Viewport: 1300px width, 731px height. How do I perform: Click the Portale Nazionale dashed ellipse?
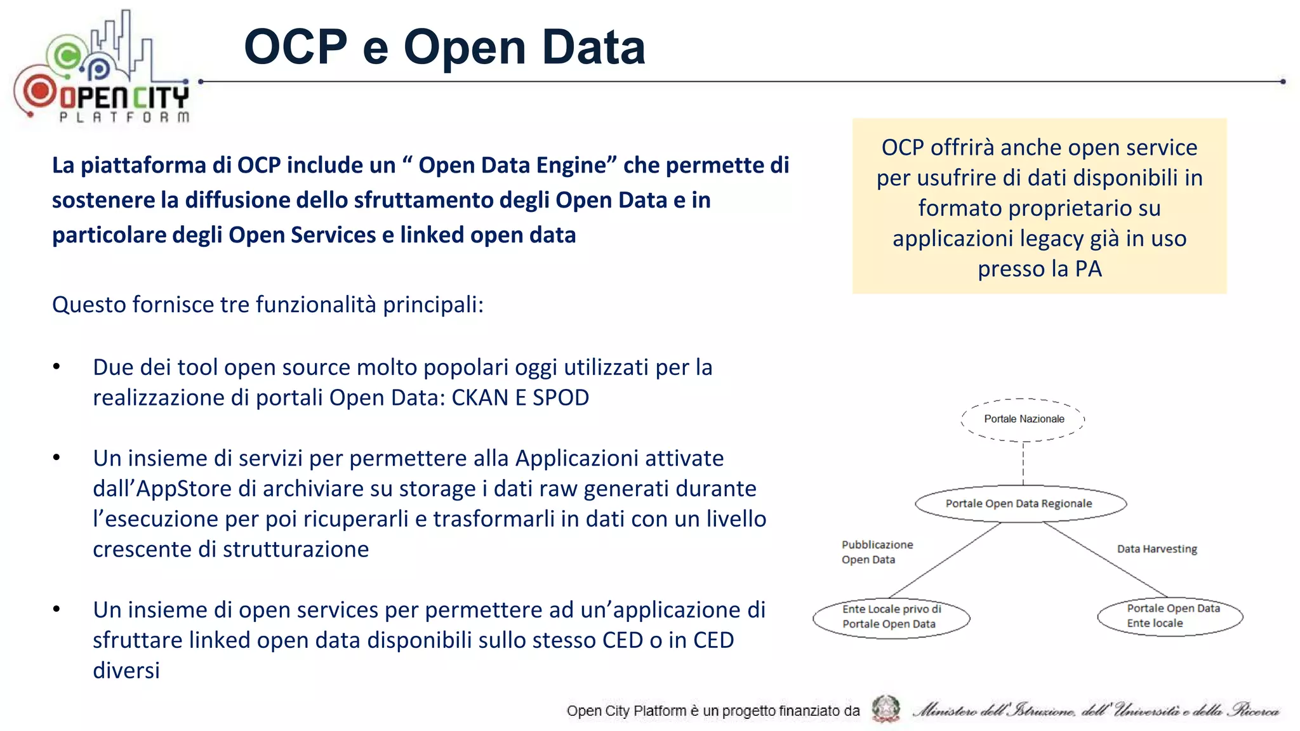(x=1023, y=419)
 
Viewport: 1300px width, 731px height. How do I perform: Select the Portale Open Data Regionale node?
(x=1020, y=504)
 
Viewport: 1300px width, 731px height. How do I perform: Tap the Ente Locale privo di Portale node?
(x=891, y=617)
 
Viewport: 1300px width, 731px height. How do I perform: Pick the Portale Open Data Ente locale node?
(x=1169, y=616)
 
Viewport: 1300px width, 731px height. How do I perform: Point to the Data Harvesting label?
(x=1157, y=549)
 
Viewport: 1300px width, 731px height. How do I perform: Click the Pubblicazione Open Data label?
(x=876, y=552)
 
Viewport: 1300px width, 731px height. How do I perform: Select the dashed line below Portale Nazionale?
(x=1023, y=463)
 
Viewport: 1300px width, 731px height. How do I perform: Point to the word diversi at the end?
(x=126, y=671)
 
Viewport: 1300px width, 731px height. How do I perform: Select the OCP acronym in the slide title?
(x=295, y=47)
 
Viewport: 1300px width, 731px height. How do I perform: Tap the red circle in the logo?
(x=39, y=91)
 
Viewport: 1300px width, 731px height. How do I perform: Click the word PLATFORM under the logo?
(x=124, y=117)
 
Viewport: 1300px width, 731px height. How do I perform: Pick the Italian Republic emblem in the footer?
(x=885, y=709)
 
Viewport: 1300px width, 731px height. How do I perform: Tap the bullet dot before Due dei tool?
(x=56, y=367)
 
